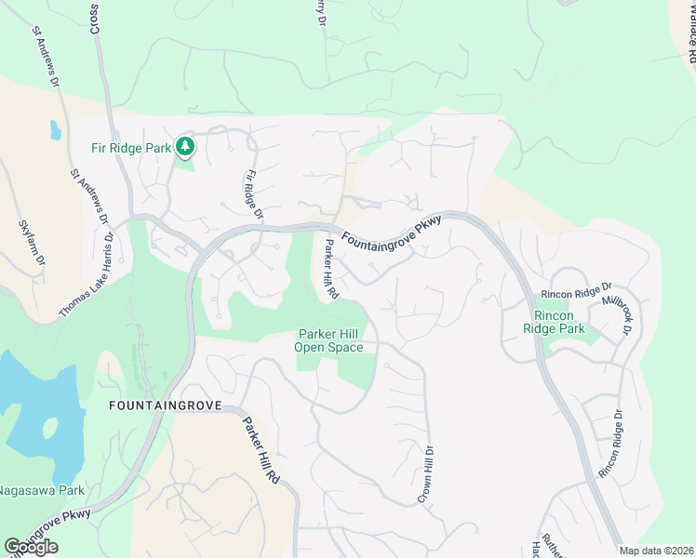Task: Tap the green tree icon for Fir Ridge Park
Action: coord(186,146)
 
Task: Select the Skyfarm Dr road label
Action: coord(32,245)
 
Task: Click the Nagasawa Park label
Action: coord(42,490)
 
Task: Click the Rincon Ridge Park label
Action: coord(555,322)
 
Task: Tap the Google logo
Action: coord(31,547)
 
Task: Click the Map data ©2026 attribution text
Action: coord(657,551)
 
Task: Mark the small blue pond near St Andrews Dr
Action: coord(55,129)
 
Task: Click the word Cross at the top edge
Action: coord(95,17)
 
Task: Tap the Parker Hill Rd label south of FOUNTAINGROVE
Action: coord(261,447)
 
